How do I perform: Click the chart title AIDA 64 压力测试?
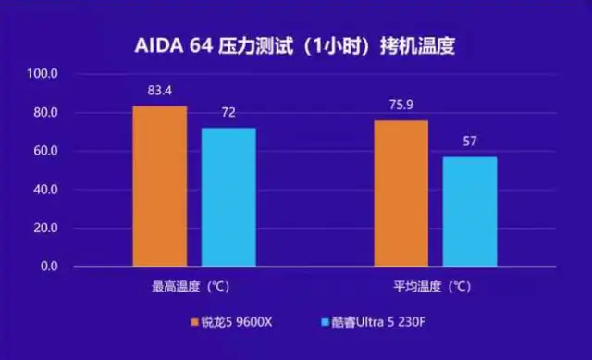(x=296, y=45)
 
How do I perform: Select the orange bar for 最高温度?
(x=159, y=186)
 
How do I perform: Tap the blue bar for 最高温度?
(x=228, y=197)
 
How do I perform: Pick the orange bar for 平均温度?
(x=401, y=193)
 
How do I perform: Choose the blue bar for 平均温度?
(x=470, y=211)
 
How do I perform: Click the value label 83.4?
(x=160, y=91)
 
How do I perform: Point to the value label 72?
(x=228, y=111)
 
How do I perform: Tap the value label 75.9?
(x=401, y=105)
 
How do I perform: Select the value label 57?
(x=470, y=142)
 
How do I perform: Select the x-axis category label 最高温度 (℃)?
(x=194, y=287)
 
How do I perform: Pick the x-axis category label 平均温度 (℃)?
(x=436, y=287)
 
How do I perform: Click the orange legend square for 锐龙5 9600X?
(x=196, y=323)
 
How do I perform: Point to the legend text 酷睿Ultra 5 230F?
(x=378, y=323)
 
